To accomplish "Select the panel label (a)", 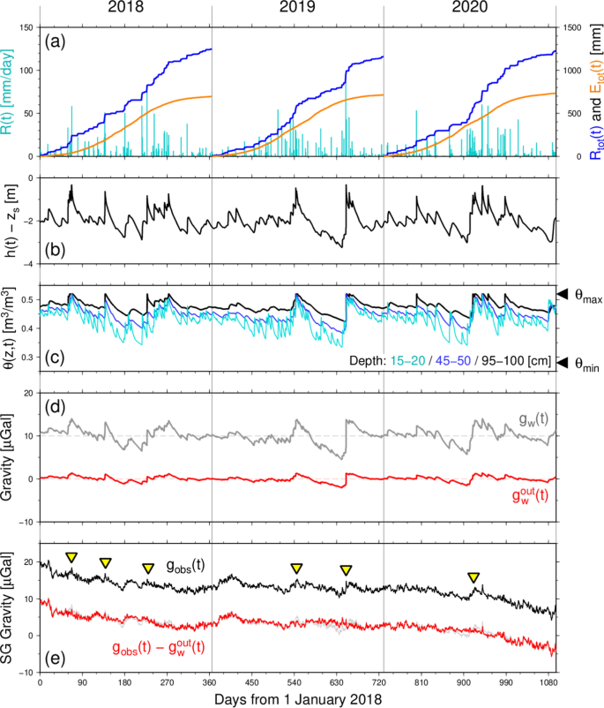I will coord(58,41).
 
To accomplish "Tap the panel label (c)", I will coord(58,358).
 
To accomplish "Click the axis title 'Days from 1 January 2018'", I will coord(297,698).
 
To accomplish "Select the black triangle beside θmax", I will coord(561,294).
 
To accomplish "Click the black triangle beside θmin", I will coord(561,361).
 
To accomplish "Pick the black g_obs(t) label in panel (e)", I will coord(186,565).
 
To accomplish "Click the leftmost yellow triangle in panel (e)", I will coord(72,557).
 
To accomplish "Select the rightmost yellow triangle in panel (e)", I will coord(474,577).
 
